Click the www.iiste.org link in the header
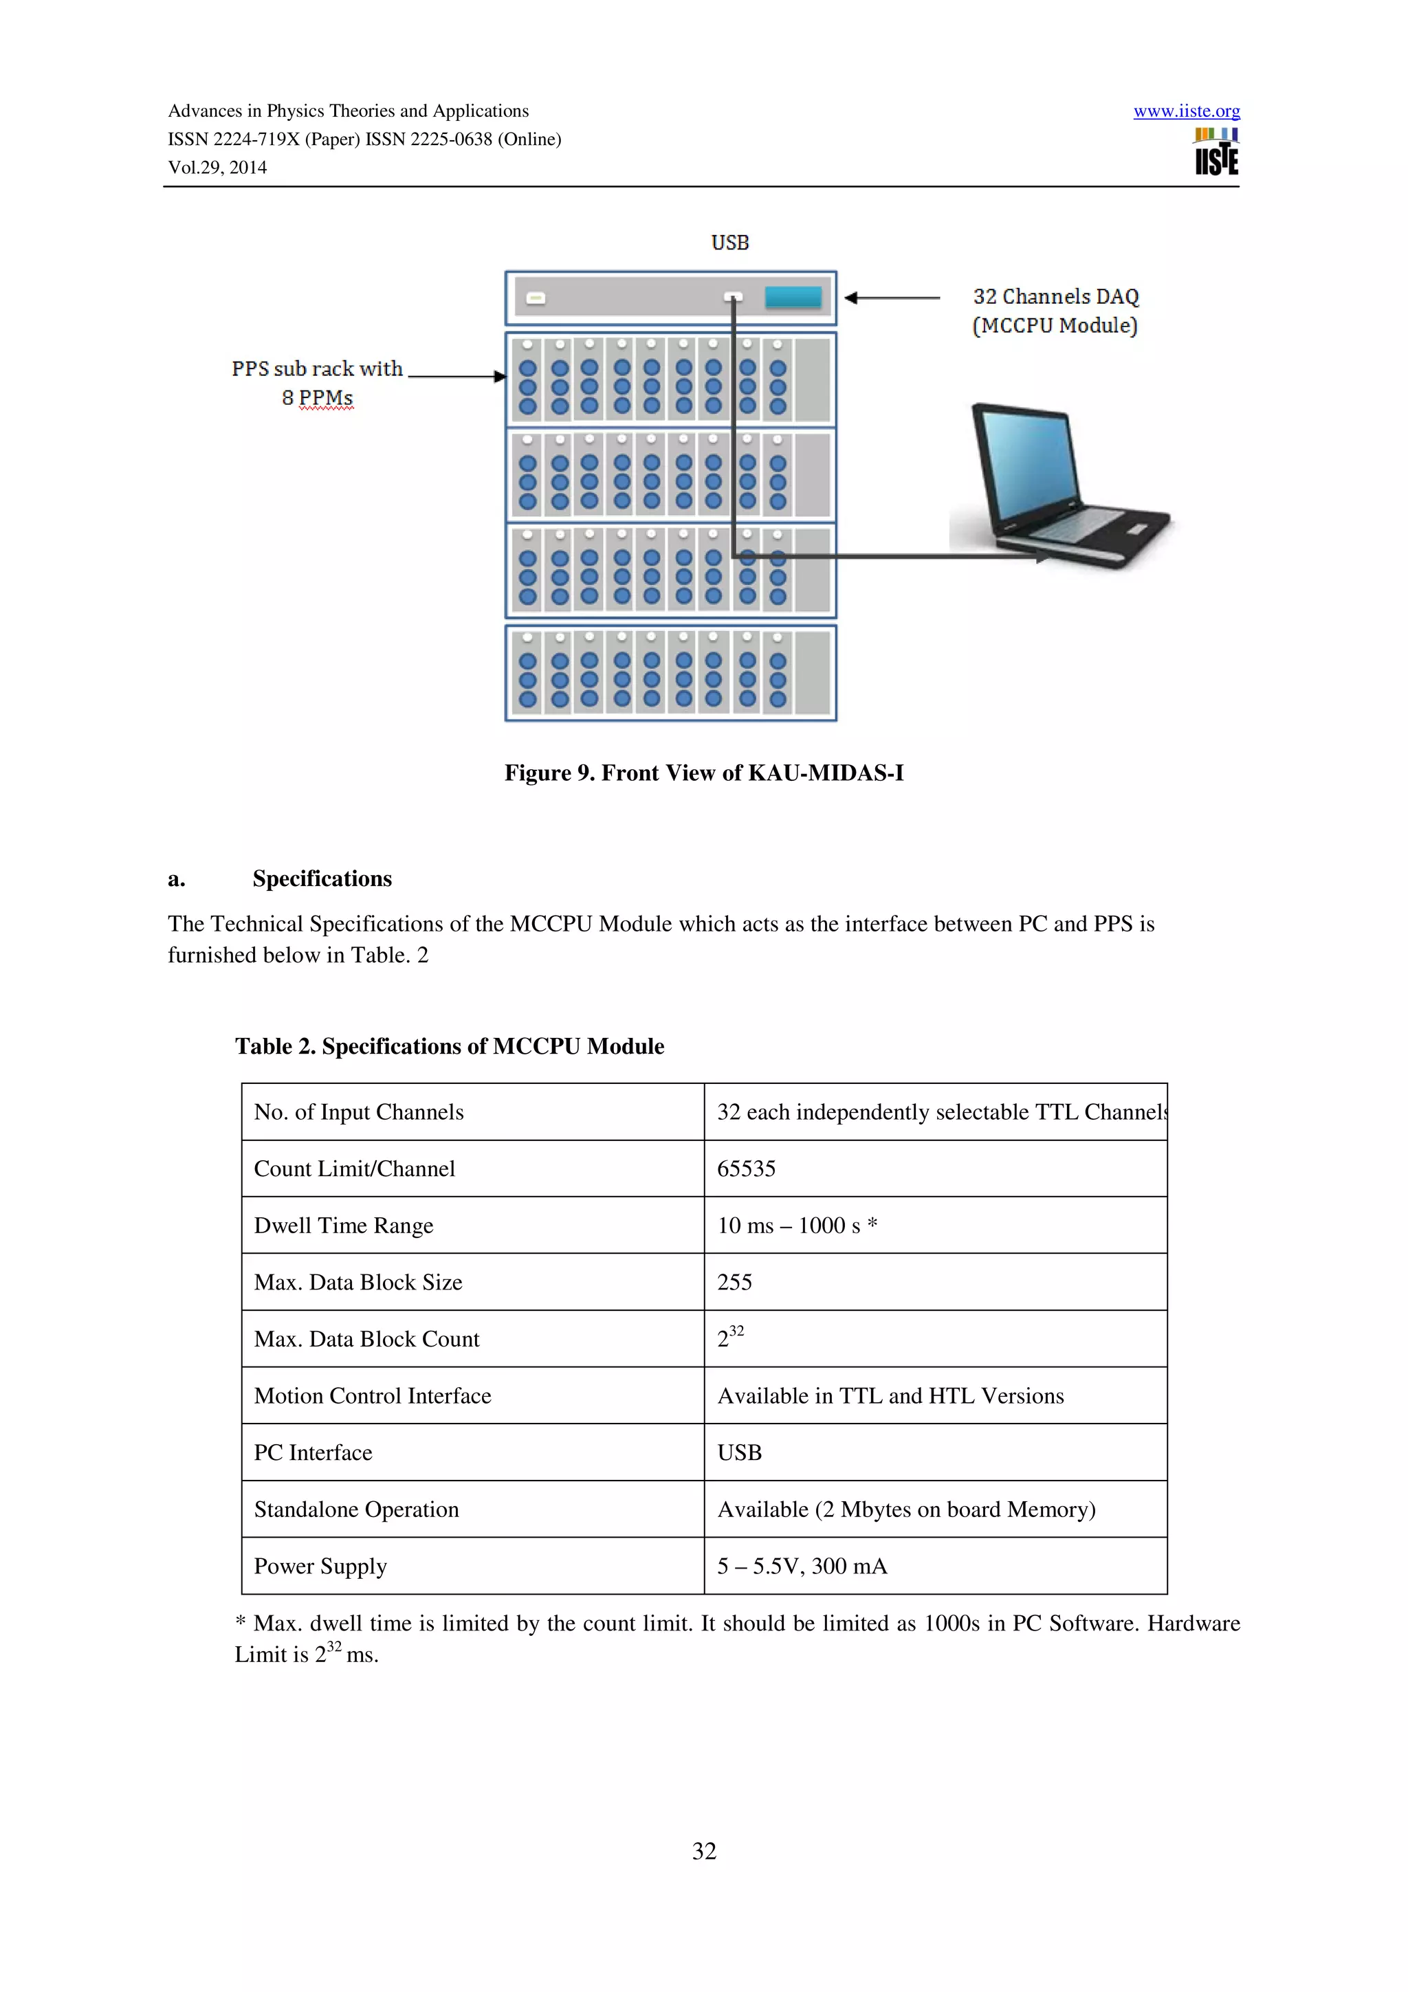tap(1186, 111)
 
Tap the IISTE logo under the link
tap(1216, 153)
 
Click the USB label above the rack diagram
tap(729, 243)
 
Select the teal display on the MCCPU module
tap(793, 298)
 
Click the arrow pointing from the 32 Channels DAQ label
tap(892, 298)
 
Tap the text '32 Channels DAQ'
tap(1055, 297)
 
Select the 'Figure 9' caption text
tap(703, 773)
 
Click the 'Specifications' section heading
tap(322, 879)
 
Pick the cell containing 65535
tap(746, 1169)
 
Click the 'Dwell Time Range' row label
tap(344, 1226)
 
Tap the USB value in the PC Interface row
tap(739, 1452)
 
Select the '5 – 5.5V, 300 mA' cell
tap(802, 1566)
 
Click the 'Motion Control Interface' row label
tap(372, 1396)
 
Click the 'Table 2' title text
tap(450, 1046)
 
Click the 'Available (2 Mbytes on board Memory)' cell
tap(905, 1509)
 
